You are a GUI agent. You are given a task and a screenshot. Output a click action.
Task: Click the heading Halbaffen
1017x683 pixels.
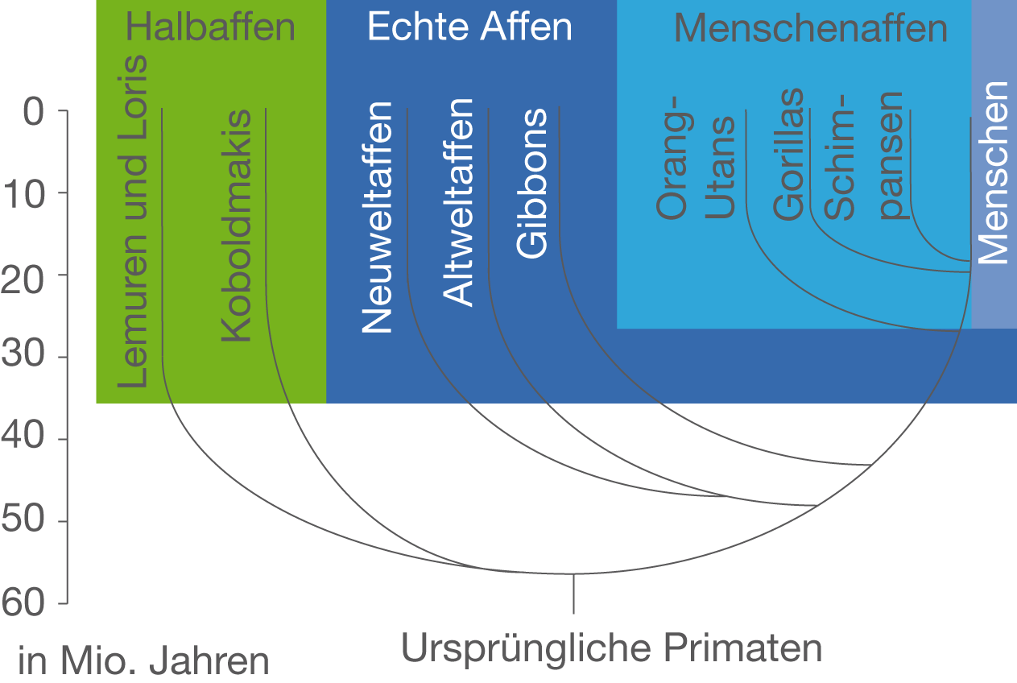(x=211, y=27)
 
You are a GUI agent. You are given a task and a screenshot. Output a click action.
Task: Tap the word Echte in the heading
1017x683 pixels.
(x=411, y=27)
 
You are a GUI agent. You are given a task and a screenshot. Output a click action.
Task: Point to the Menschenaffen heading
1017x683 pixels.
(x=810, y=28)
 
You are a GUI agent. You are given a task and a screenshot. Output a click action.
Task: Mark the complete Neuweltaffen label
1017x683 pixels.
(x=377, y=217)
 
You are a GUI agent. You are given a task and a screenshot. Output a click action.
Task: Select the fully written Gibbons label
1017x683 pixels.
(x=532, y=184)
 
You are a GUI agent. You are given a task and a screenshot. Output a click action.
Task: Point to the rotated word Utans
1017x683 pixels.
(x=720, y=168)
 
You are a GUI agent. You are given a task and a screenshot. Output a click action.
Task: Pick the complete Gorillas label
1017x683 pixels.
(x=788, y=154)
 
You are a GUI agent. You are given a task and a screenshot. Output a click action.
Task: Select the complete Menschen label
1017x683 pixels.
(x=993, y=173)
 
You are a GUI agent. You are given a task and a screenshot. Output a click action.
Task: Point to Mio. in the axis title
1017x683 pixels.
(x=98, y=662)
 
